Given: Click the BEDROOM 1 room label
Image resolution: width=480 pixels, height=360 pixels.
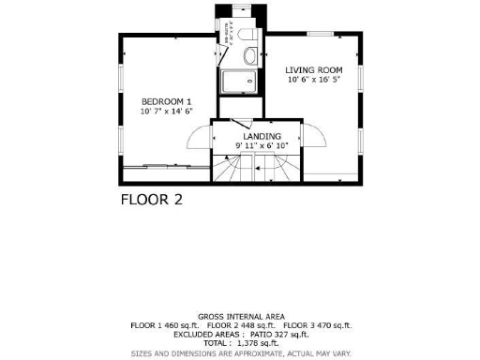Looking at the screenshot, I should [166, 101].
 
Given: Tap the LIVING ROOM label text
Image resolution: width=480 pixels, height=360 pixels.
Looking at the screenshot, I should [314, 70].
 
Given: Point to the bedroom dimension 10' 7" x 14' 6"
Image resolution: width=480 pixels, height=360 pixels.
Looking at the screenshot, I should [166, 112].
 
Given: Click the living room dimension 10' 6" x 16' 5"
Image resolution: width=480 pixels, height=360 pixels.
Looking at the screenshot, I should [314, 81].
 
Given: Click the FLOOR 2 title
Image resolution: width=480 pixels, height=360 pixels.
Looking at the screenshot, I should [151, 200].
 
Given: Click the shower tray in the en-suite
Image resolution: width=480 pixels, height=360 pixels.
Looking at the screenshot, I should [239, 81].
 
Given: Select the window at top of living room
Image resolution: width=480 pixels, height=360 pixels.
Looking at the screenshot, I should [321, 35].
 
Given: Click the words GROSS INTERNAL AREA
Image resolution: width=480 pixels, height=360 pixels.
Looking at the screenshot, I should [241, 316].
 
